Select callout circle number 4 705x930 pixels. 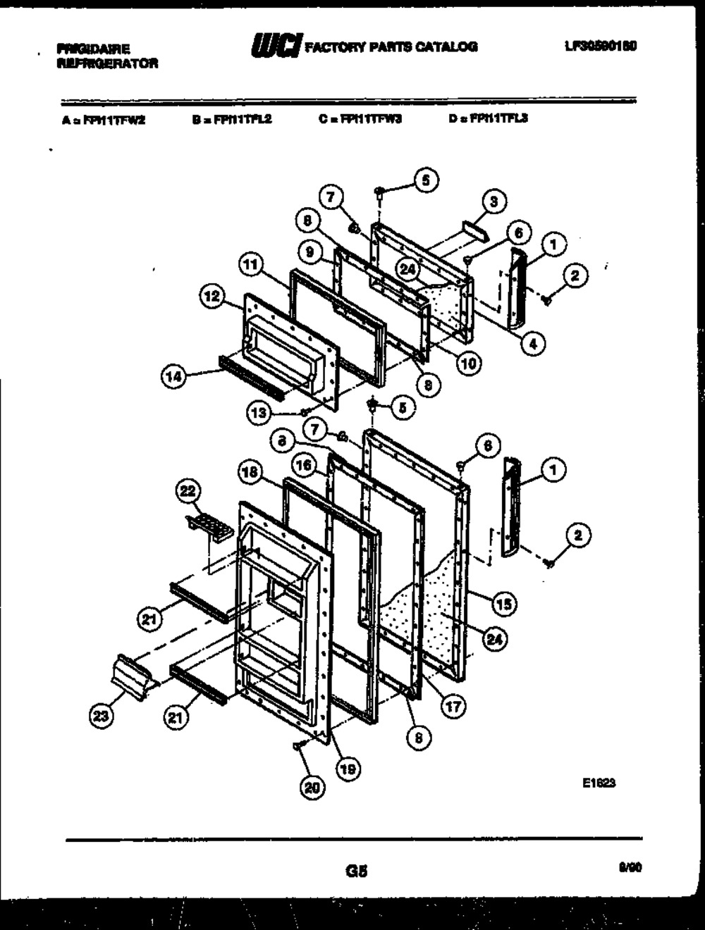point(533,345)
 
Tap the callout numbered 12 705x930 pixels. point(211,298)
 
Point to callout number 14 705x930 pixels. point(173,377)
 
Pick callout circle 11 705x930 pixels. point(248,266)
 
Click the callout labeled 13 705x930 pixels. point(259,414)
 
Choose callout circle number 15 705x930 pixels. point(504,604)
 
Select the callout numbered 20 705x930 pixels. point(311,789)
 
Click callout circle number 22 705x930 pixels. point(189,492)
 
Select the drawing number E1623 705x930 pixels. point(599,783)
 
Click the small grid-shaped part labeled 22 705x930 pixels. point(210,527)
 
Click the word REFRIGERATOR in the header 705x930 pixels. point(107,63)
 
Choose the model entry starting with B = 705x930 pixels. point(232,119)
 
